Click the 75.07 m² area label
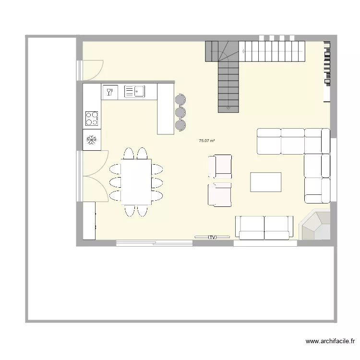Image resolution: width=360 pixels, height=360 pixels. (x=206, y=141)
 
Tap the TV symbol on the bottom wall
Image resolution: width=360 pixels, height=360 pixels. (x=212, y=237)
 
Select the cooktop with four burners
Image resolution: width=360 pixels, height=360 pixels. (x=92, y=118)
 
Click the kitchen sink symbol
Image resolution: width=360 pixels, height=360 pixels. (x=134, y=91)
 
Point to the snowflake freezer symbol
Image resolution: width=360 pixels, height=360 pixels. (x=92, y=140)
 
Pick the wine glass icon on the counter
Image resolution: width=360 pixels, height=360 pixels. (x=109, y=91)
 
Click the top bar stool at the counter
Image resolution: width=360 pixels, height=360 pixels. (x=180, y=100)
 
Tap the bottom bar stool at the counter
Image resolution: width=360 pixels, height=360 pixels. (x=180, y=125)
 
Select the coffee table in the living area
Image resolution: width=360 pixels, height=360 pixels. (x=266, y=182)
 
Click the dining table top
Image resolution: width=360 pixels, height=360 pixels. (x=137, y=181)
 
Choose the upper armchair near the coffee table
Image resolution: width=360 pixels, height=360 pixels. (x=220, y=166)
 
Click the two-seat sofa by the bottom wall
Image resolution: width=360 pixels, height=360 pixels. (x=264, y=228)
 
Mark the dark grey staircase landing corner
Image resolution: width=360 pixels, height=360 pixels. (x=216, y=51)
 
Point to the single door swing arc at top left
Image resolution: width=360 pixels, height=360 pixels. (x=93, y=69)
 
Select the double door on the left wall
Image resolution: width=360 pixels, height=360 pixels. (x=95, y=175)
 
